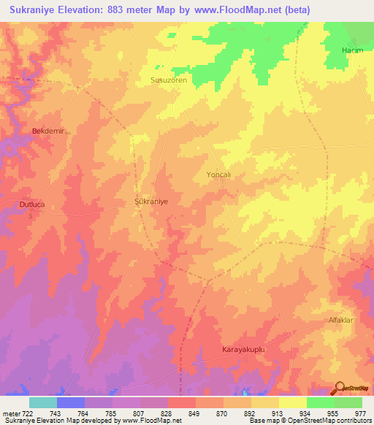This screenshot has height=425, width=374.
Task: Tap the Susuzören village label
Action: click(169, 80)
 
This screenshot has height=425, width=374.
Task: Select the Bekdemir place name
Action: click(49, 131)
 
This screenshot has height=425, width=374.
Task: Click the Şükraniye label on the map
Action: click(152, 200)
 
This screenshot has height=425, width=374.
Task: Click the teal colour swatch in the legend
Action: click(43, 402)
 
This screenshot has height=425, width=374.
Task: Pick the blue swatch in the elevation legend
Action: click(71, 402)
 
